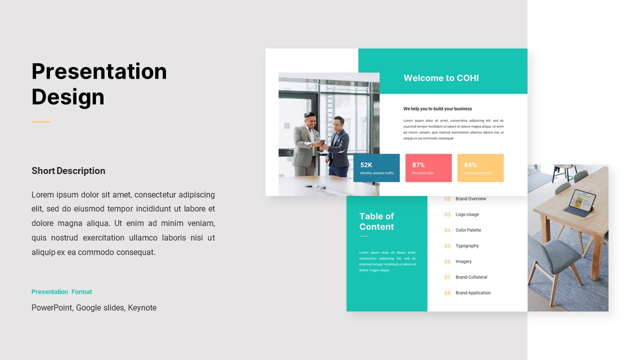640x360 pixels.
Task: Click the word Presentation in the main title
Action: point(99,71)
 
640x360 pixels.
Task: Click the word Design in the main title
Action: point(68,96)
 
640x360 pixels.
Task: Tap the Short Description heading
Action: point(68,171)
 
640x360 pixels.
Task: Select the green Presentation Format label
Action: point(61,292)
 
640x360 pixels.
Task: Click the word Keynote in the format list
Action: point(142,308)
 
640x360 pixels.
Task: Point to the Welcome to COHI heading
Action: point(441,78)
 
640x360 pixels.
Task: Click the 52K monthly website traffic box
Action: point(376,168)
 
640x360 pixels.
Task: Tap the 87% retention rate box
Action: point(428,168)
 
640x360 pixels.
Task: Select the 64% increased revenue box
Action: point(480,168)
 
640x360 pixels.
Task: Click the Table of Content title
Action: point(376,221)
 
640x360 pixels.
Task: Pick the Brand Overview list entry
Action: point(470,199)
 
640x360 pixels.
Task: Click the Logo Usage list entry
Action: point(467,214)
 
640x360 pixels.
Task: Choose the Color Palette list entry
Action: point(468,230)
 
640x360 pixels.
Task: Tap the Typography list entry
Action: point(467,246)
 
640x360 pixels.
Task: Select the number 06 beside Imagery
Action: point(447,262)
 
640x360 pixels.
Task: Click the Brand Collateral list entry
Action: point(471,277)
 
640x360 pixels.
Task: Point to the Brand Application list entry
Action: point(473,293)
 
